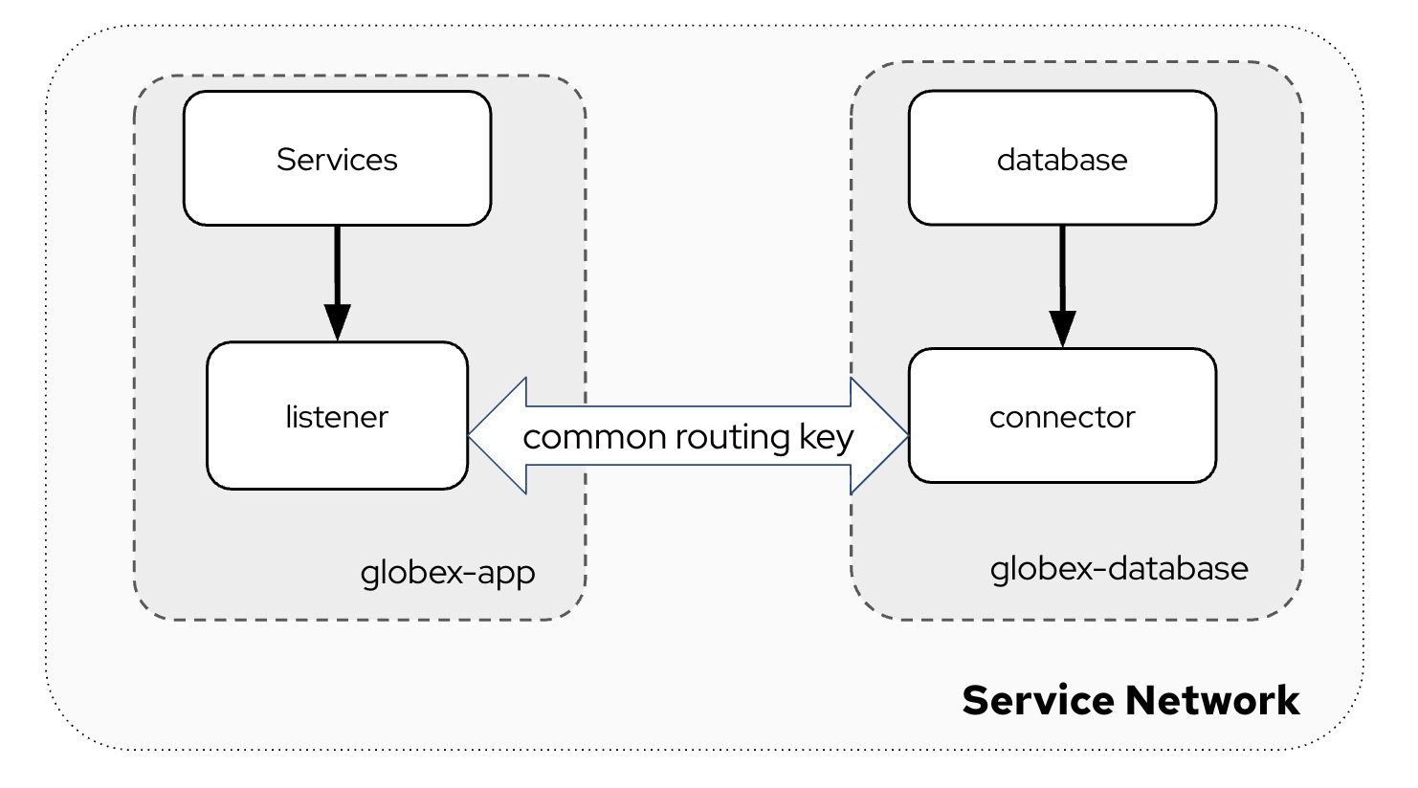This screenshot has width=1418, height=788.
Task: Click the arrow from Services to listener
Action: (x=337, y=268)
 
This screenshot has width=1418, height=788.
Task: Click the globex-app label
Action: (x=447, y=573)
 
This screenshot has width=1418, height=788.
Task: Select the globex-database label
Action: (x=1119, y=569)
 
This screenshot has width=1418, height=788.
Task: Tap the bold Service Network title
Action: (x=1130, y=700)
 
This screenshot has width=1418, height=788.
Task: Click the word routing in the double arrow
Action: (x=732, y=437)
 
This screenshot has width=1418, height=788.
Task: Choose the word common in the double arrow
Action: (x=594, y=437)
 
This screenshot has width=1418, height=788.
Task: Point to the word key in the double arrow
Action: (x=827, y=437)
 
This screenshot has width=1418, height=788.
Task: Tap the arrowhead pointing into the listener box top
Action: (x=337, y=322)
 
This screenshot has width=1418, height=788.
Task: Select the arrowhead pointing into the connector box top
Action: (x=1062, y=328)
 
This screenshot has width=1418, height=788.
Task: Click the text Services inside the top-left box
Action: (x=337, y=159)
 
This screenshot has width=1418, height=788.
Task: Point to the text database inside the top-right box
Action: (x=1062, y=159)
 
